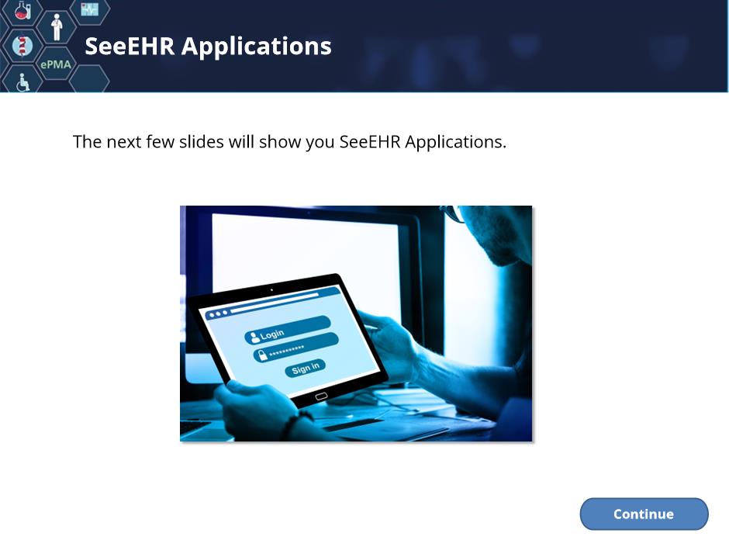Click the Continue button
click(644, 514)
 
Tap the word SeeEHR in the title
click(130, 46)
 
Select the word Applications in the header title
click(256, 47)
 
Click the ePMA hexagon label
click(56, 64)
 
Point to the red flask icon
click(22, 10)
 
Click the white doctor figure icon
click(57, 27)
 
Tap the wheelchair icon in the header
click(22, 83)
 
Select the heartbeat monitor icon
click(89, 9)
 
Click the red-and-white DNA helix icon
click(22, 46)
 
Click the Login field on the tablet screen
click(287, 330)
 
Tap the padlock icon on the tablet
click(263, 355)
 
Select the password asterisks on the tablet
click(287, 350)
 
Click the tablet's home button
click(321, 396)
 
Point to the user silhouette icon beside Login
click(254, 338)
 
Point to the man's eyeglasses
click(453, 213)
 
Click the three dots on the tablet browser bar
click(218, 314)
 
